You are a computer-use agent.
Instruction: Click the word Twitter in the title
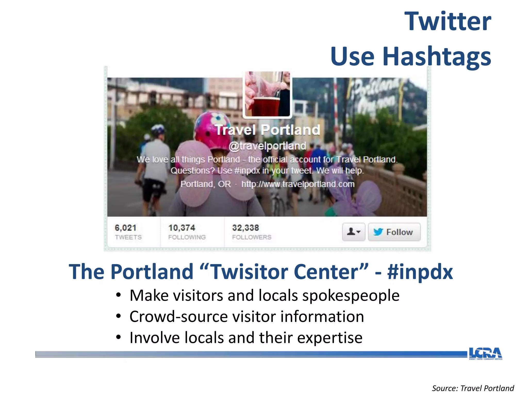click(x=448, y=22)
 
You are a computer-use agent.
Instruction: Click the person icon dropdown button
click(x=353, y=232)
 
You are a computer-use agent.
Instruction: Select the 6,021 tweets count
click(x=126, y=228)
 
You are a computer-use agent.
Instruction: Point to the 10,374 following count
click(x=182, y=228)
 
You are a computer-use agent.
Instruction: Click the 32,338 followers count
click(x=245, y=228)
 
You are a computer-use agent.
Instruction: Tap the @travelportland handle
click(x=267, y=146)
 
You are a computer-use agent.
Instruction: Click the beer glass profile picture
click(x=267, y=94)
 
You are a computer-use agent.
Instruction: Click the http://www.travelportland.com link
click(x=298, y=184)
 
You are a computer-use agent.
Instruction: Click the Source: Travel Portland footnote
click(x=473, y=388)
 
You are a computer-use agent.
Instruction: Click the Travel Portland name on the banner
click(x=267, y=130)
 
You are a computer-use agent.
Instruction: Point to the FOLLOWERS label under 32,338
click(x=252, y=237)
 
